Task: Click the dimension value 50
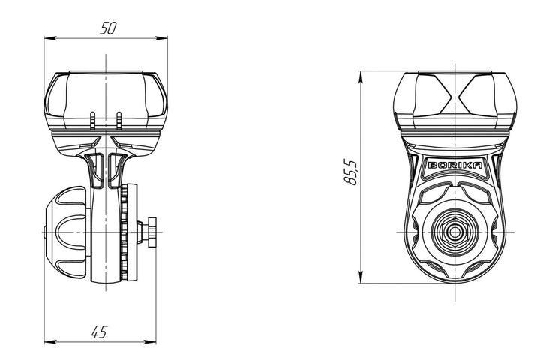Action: pyautogui.click(x=108, y=28)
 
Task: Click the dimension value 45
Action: pyautogui.click(x=100, y=331)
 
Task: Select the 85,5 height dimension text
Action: pyautogui.click(x=351, y=172)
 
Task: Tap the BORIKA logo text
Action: pyautogui.click(x=454, y=165)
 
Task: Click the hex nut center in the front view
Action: pyautogui.click(x=455, y=232)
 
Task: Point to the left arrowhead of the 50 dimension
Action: pyautogui.click(x=50, y=38)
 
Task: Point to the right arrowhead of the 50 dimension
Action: pyautogui.click(x=161, y=38)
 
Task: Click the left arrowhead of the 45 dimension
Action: pyautogui.click(x=50, y=342)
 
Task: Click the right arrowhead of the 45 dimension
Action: pyautogui.click(x=150, y=342)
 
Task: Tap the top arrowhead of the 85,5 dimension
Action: pyautogui.click(x=361, y=76)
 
